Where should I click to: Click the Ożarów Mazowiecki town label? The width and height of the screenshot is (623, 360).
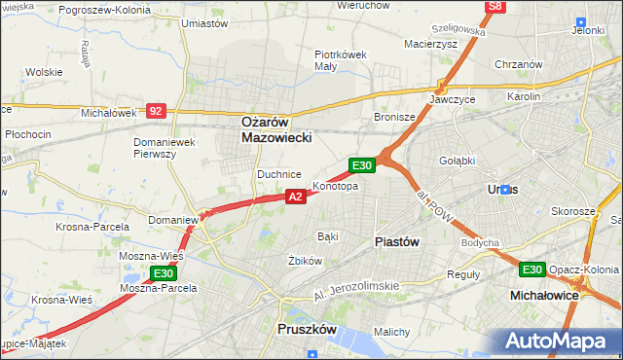tap(276, 130)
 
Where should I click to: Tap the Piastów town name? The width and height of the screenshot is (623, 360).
tap(397, 241)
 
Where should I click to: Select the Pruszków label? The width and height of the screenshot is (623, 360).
tap(307, 330)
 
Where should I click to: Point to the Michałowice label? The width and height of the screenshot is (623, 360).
tap(544, 294)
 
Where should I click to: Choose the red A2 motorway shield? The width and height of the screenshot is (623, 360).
tap(297, 197)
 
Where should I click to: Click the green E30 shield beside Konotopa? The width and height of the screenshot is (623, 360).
tap(362, 166)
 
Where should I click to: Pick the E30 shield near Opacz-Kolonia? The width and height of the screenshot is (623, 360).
tap(531, 270)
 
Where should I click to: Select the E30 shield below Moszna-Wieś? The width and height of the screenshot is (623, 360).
tap(162, 272)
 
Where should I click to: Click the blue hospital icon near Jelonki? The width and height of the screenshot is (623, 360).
tap(581, 21)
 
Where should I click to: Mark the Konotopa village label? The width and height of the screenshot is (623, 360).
tap(336, 186)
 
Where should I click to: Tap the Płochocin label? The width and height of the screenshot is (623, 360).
tap(27, 133)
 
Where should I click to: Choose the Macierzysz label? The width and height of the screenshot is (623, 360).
tap(429, 43)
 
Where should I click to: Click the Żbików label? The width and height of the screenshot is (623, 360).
tap(305, 261)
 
